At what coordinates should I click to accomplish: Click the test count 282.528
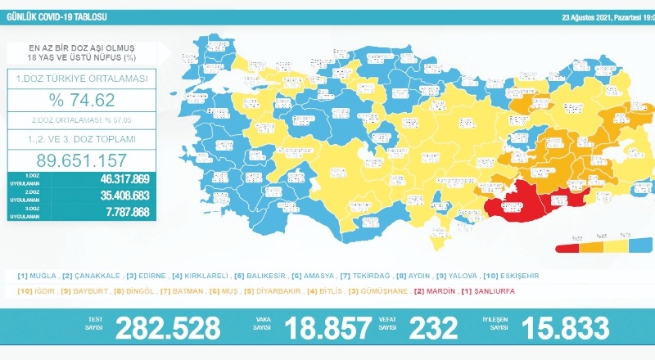coord(168,328)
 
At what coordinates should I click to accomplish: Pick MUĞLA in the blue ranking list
coord(39,276)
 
